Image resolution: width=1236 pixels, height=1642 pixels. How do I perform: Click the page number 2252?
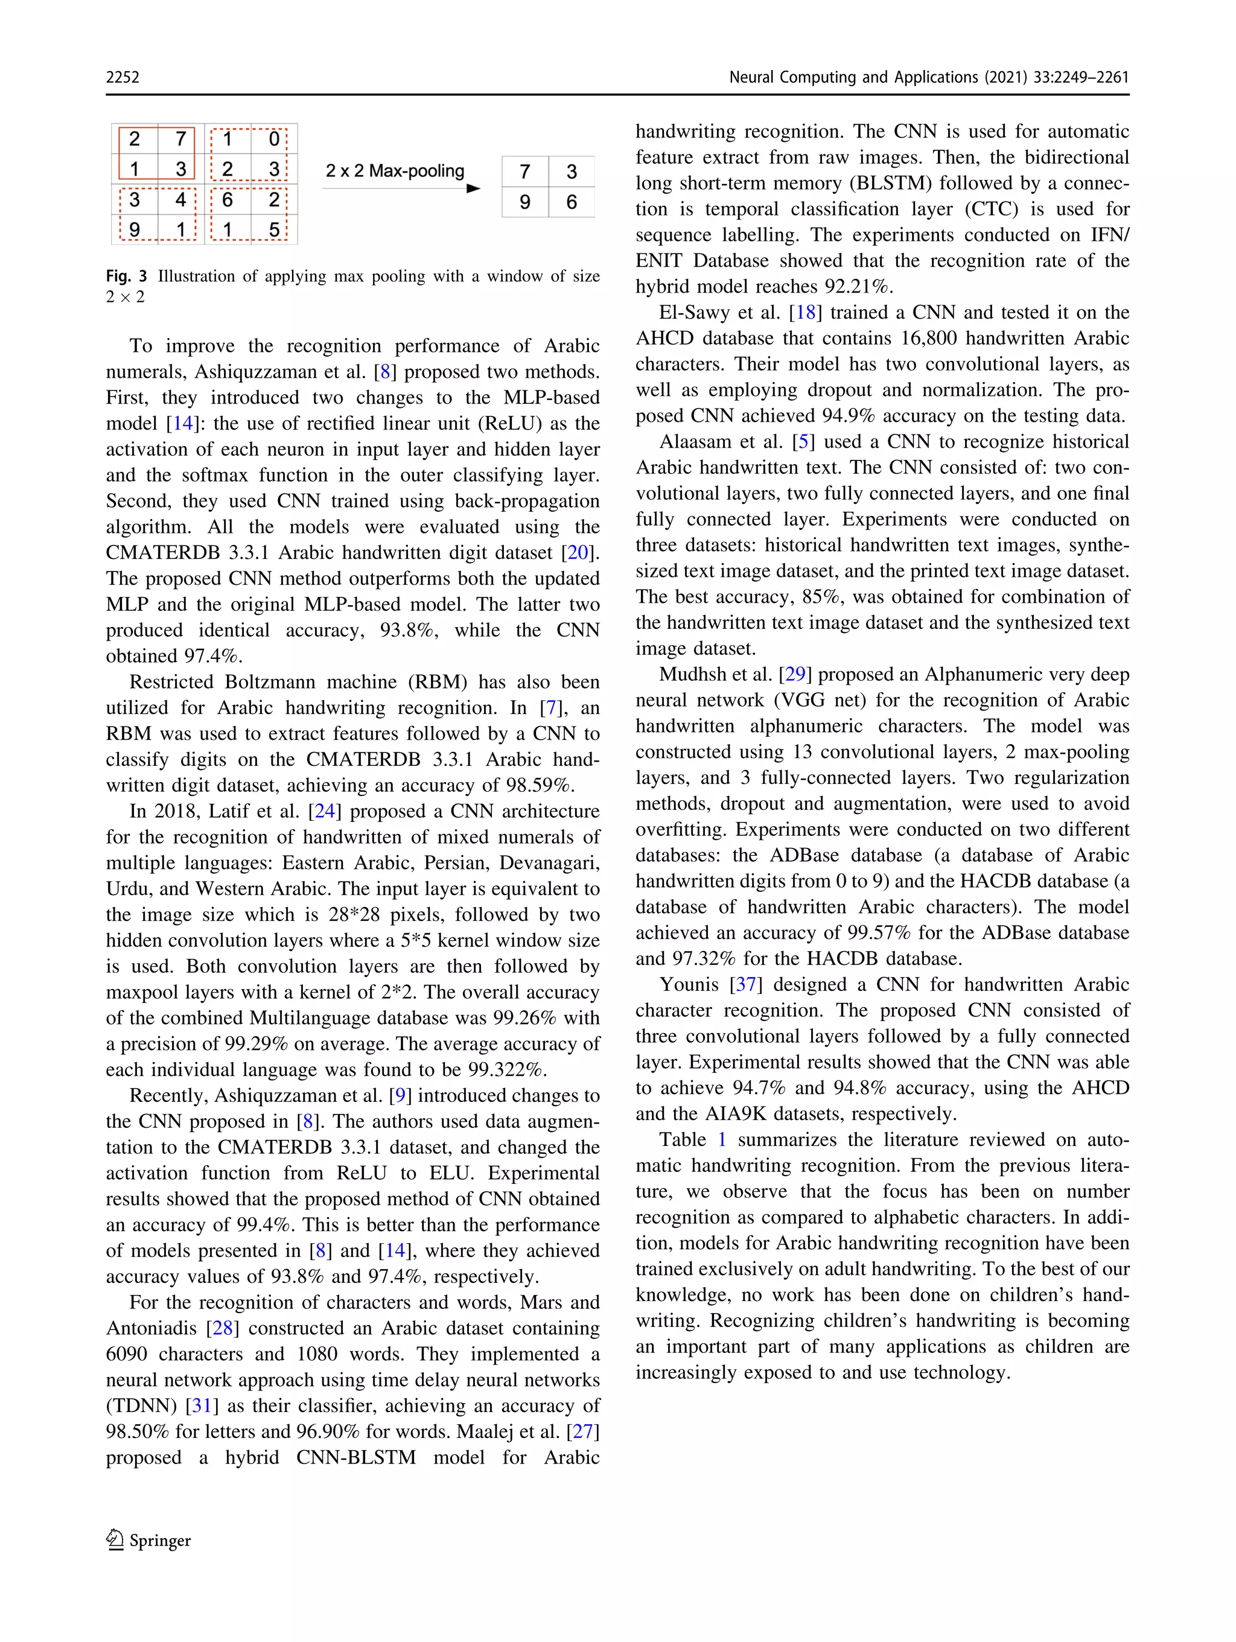point(123,77)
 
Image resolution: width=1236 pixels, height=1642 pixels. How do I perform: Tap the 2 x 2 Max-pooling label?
point(395,171)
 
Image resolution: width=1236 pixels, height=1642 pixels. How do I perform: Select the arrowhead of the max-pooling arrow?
point(473,188)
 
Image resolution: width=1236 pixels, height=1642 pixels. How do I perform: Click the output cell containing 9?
point(525,202)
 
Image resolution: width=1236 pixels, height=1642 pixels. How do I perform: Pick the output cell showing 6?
point(572,202)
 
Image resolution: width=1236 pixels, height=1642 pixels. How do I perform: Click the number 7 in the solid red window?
point(180,139)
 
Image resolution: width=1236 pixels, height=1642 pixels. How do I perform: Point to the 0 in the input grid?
point(274,139)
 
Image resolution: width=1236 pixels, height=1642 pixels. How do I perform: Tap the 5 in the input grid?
point(274,229)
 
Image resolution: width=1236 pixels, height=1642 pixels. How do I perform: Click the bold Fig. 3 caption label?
point(126,276)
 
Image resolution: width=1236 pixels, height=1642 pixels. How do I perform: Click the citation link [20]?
point(577,552)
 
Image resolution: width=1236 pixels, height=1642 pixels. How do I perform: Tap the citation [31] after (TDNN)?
point(201,1405)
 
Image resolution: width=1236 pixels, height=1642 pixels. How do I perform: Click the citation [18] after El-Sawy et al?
point(806,312)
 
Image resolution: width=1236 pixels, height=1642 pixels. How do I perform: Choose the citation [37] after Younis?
point(746,984)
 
